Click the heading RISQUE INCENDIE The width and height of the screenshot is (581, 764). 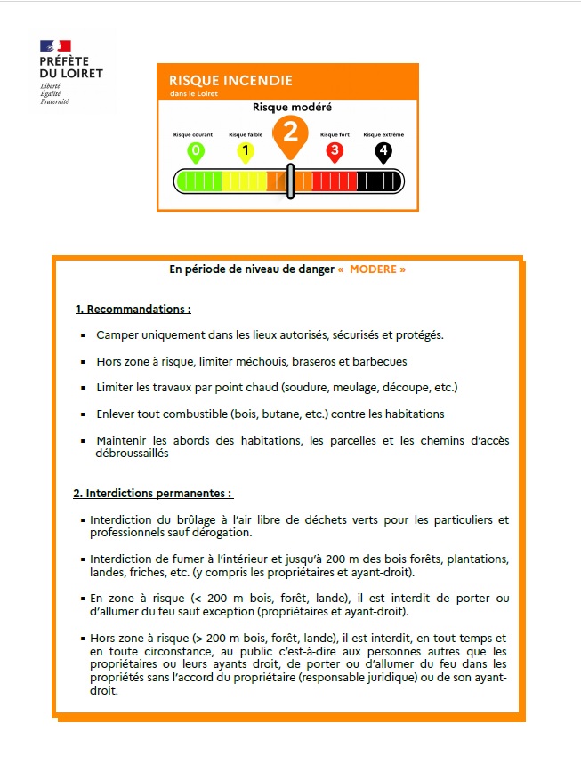pos(230,80)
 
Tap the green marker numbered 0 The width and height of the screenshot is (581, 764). pos(196,151)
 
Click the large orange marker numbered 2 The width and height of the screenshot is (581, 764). pos(290,133)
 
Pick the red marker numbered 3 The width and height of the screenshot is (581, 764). pos(335,151)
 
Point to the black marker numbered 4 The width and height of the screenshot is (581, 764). pos(383,151)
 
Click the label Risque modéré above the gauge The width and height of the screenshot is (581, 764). pos(292,108)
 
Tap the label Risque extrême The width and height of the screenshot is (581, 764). pos(383,134)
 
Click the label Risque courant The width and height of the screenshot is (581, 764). pos(193,134)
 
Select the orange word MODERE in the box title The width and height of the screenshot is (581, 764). pos(372,269)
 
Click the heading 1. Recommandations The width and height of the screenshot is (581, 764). pos(133,310)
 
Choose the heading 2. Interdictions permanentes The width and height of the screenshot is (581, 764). pos(152,493)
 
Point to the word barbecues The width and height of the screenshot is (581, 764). pos(380,362)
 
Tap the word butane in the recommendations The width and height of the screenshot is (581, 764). pos(261,414)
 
